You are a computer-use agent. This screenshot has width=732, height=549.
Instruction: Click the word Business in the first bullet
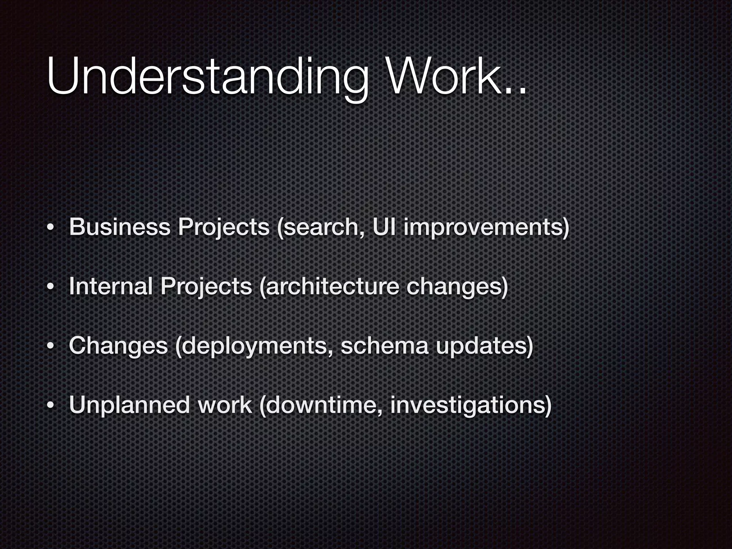120,227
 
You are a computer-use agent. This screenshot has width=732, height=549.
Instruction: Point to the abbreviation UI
384,227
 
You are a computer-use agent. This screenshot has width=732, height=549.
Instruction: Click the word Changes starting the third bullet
118,346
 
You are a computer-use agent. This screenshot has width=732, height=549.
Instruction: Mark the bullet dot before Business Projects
51,228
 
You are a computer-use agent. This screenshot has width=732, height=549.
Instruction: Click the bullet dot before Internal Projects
51,287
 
